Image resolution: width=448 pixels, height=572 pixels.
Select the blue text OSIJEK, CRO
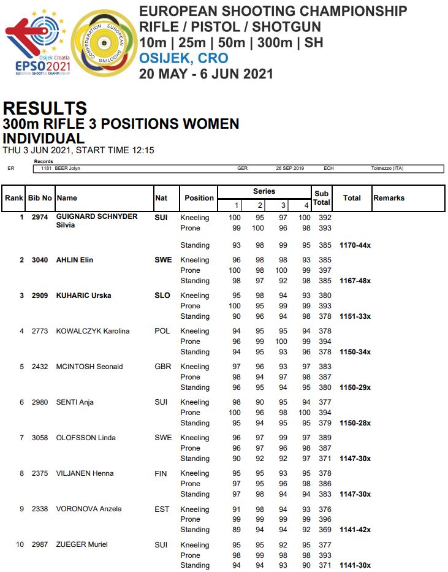pos(184,59)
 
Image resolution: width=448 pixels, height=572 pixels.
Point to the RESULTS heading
pos(45,109)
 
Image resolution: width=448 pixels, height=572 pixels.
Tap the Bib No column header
pos(41,198)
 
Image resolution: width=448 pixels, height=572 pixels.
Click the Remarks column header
pos(389,198)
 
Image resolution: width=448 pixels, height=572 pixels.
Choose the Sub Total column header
pos(321,198)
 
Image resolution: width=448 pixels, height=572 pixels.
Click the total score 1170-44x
pos(355,245)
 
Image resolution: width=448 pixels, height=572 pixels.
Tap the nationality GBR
pos(163,367)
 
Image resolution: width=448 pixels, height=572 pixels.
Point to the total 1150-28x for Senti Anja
pos(355,423)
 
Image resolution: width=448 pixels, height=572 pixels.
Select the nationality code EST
pos(162,509)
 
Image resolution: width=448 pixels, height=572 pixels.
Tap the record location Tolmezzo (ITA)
pos(387,169)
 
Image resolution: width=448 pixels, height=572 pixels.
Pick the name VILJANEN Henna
pos(85,473)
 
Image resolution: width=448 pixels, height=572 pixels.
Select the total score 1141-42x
pos(355,530)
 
